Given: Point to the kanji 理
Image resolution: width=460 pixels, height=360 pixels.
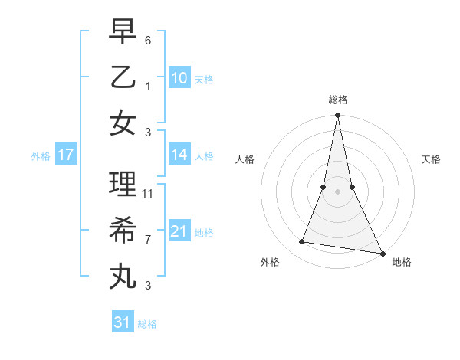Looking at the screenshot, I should pos(123,184).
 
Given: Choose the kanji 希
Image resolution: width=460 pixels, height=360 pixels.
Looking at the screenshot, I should pos(123,229).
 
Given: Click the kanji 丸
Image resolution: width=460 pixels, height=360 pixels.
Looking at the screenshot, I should pos(123,274).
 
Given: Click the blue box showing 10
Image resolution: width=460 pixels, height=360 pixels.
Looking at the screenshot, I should pos(179,77).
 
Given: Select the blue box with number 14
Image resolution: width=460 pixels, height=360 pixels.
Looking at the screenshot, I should pos(179,155).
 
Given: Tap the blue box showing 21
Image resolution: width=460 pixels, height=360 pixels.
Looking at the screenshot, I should pos(179,231).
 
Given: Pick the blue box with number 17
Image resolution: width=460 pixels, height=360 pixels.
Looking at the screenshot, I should pos(66,155).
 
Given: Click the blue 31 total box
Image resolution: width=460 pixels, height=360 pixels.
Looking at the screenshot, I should pos(123,322).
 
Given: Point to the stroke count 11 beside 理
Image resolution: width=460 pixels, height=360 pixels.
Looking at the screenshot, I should pos(148,194).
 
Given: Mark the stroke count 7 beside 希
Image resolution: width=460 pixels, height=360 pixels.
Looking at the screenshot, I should pos(148,239).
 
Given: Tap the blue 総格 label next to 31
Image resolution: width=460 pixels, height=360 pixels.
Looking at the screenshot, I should pos(147,324).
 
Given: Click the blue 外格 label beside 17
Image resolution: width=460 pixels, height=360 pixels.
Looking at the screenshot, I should pos(41,156).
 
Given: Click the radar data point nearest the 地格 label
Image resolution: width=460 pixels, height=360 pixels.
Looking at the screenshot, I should pos(381,253).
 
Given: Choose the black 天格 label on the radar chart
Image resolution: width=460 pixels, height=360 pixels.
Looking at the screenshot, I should pos(431,159).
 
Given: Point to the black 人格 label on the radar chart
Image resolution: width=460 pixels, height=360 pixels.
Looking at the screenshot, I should pos(245,159).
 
